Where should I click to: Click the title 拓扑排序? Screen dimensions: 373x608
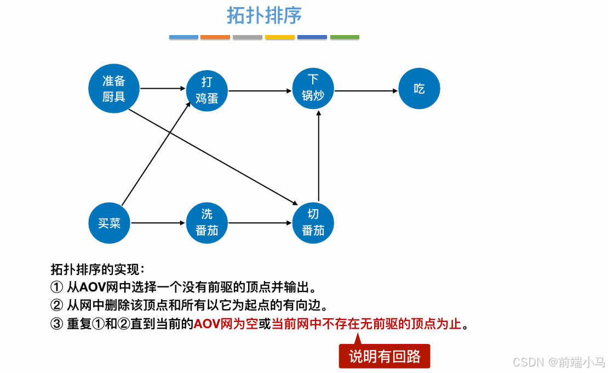tap(265, 15)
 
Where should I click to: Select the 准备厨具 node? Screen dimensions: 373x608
tap(114, 89)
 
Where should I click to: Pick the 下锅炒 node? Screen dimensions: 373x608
tap(313, 88)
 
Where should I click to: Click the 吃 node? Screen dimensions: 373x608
tap(419, 89)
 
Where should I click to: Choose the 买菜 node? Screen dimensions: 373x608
tap(110, 223)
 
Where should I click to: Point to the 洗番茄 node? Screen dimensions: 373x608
tap(207, 223)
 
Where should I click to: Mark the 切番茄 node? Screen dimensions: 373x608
tap(313, 223)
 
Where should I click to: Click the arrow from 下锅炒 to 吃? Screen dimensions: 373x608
tap(366, 91)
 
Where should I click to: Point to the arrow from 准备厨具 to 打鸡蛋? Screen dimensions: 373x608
tap(163, 88)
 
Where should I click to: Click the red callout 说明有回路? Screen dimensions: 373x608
tap(385, 357)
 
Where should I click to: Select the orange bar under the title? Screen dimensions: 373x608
tap(215, 37)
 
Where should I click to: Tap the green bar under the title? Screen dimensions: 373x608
tap(345, 37)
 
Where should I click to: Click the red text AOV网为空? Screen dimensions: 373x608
tap(226, 324)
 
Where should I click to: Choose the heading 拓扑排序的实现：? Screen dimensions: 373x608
tap(97, 269)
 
